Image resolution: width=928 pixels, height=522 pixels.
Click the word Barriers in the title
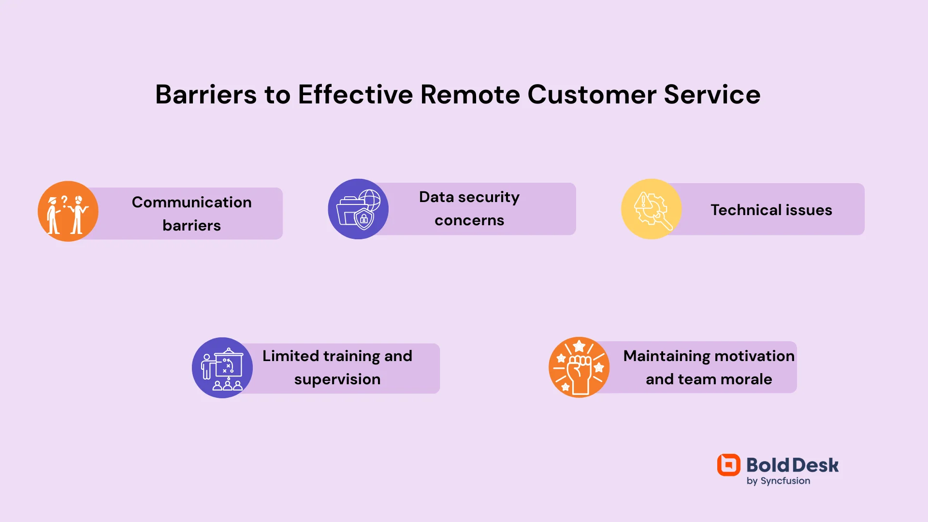pyautogui.click(x=206, y=94)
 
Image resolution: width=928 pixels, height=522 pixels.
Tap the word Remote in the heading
pyautogui.click(x=470, y=94)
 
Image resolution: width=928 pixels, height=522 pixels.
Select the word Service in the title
pyautogui.click(x=712, y=94)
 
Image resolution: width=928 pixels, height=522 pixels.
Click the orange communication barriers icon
pyautogui.click(x=68, y=211)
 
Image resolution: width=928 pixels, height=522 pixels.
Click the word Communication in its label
pyautogui.click(x=191, y=202)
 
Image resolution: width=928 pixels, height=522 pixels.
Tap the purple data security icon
pyautogui.click(x=358, y=209)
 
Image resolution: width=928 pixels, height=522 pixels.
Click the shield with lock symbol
pyautogui.click(x=364, y=219)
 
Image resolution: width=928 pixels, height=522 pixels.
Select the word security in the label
pyautogui.click(x=489, y=197)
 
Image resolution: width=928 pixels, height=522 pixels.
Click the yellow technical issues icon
pyautogui.click(x=651, y=209)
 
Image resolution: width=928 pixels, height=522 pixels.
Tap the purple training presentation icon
pyautogui.click(x=222, y=368)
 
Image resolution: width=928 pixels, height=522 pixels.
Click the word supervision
pyautogui.click(x=337, y=379)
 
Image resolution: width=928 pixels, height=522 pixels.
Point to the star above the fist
pyautogui.click(x=579, y=346)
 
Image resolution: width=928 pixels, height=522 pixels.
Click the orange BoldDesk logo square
pyautogui.click(x=728, y=465)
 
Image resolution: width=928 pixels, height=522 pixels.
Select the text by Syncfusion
pyautogui.click(x=778, y=481)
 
